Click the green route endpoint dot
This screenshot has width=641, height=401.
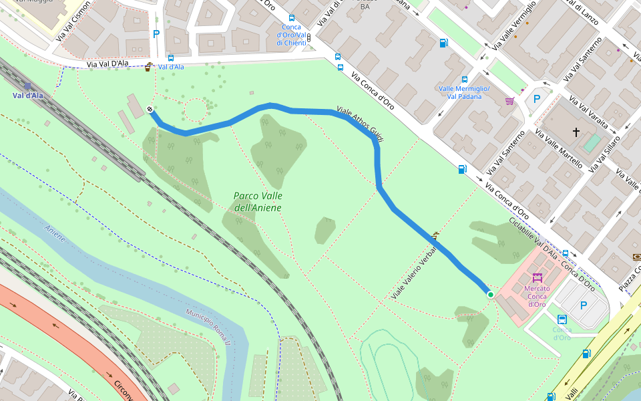click(490, 294)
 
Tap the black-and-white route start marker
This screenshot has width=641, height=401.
click(150, 110)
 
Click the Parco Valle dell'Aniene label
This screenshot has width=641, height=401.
click(258, 202)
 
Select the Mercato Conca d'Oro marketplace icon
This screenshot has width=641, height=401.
click(537, 277)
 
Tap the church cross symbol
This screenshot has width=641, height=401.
click(576, 133)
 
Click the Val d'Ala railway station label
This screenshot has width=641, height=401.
click(27, 96)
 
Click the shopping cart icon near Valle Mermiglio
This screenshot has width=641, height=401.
click(510, 102)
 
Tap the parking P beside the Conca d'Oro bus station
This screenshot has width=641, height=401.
click(584, 305)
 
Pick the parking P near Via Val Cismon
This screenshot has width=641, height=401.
click(156, 34)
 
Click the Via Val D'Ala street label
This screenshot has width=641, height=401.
click(107, 64)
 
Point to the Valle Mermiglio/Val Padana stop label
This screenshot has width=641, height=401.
click(464, 92)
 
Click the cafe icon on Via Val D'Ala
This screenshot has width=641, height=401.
click(148, 66)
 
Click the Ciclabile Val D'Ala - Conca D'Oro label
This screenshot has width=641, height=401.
click(551, 253)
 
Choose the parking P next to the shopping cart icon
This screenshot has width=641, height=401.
click(536, 99)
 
